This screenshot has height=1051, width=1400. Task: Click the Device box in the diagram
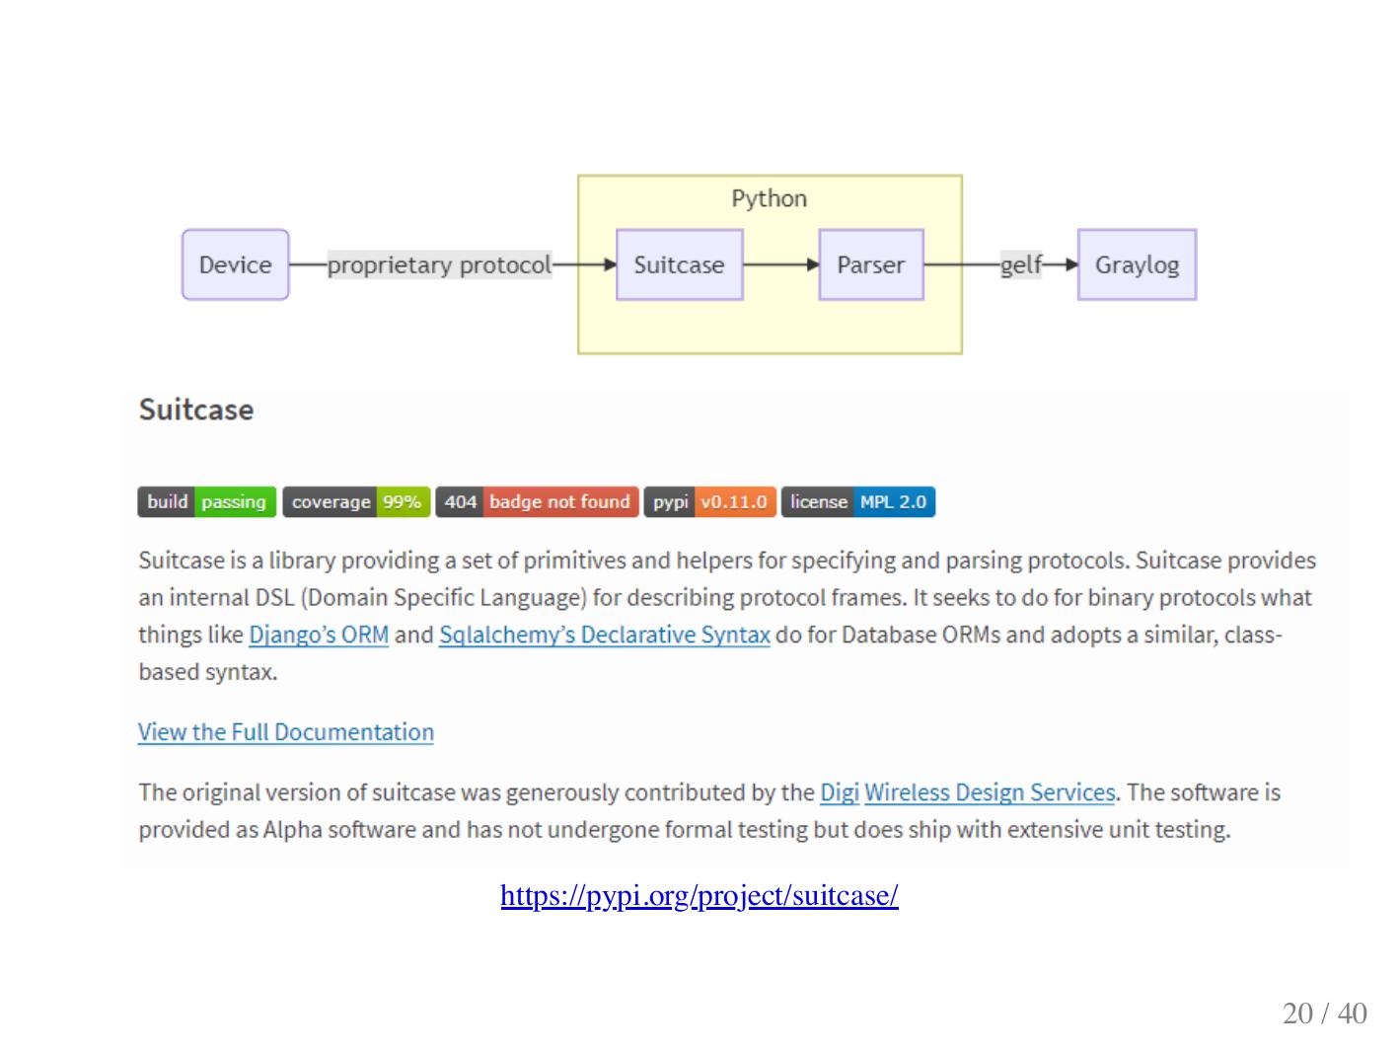click(x=235, y=264)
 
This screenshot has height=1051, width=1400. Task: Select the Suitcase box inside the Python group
click(x=679, y=264)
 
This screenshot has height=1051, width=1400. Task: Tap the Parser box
click(x=870, y=264)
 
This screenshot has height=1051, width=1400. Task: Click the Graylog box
click(x=1137, y=264)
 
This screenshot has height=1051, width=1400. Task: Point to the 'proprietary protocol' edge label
click(x=439, y=264)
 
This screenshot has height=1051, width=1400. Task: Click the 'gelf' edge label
click(x=1020, y=264)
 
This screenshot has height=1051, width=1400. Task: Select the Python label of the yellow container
click(x=769, y=198)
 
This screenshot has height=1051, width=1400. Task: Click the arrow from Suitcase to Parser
click(x=780, y=264)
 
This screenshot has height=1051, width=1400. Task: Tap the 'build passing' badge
click(x=206, y=501)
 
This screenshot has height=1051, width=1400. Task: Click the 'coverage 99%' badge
click(x=356, y=501)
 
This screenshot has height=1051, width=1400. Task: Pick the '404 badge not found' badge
click(x=537, y=501)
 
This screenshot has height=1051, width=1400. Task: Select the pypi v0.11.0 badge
click(x=709, y=501)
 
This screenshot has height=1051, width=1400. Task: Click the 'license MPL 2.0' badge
click(x=857, y=501)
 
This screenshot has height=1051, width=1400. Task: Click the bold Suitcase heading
click(x=196, y=410)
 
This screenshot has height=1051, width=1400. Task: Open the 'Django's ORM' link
click(x=319, y=635)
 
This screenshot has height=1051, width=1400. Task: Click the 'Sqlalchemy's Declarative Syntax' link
click(x=604, y=635)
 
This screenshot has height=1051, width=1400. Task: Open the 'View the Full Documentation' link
click(x=286, y=732)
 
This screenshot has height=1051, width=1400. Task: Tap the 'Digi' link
click(x=839, y=792)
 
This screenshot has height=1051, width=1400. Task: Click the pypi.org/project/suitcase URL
click(x=699, y=895)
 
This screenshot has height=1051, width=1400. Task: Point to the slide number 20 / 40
click(x=1324, y=1013)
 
